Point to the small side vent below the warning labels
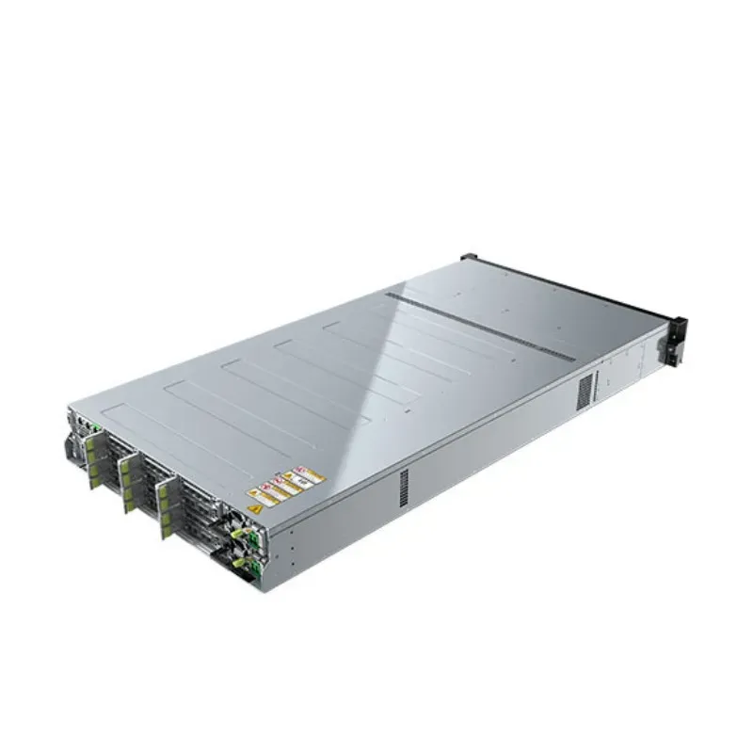coord(404,484)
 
